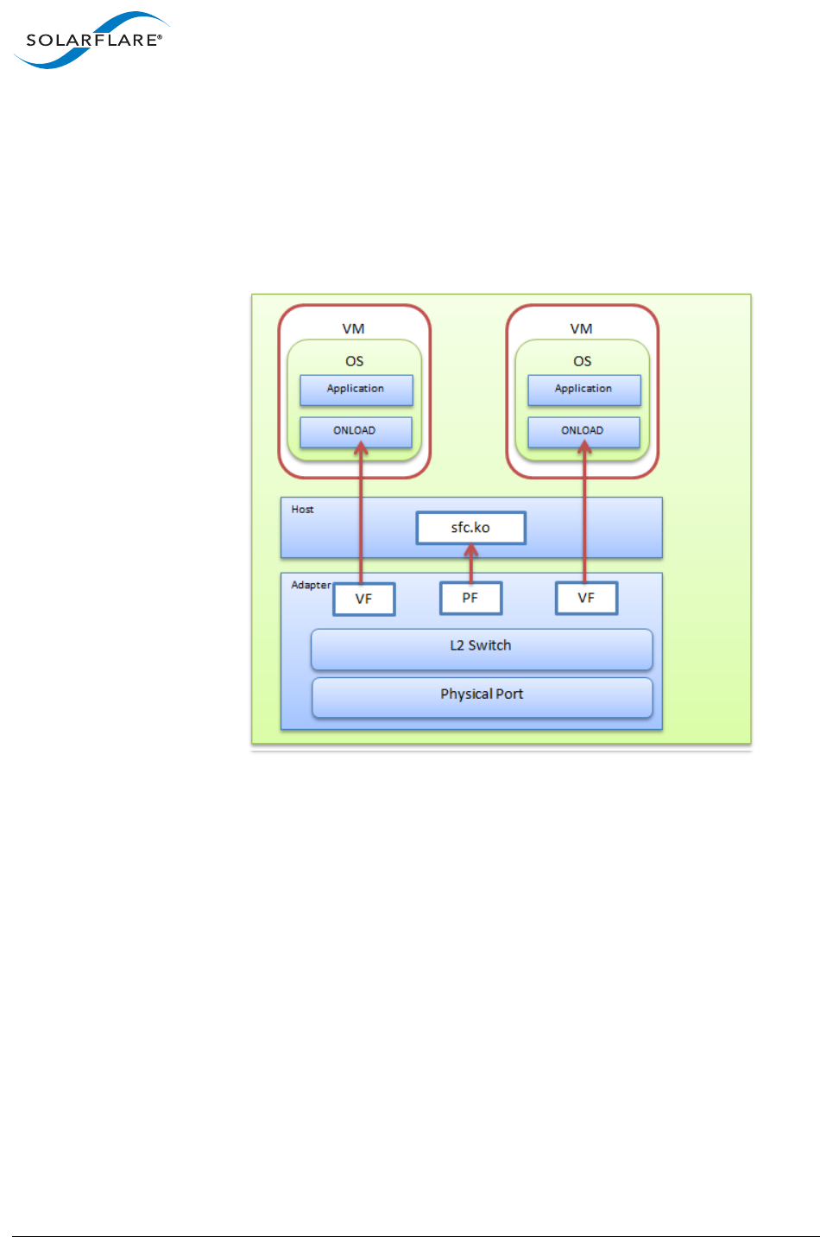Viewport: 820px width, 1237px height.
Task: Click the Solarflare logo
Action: pos(91,40)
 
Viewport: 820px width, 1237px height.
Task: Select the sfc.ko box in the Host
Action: pos(470,528)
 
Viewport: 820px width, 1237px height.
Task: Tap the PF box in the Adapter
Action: pos(470,598)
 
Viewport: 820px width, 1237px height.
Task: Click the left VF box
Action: pos(363,599)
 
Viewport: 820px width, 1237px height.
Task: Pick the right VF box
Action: pos(586,598)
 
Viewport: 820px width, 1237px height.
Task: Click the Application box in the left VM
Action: pos(356,390)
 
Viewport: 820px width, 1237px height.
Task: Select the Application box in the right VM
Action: pos(583,390)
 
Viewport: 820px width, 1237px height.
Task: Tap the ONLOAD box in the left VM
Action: pos(355,431)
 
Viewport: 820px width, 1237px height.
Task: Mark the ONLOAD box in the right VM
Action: pos(583,431)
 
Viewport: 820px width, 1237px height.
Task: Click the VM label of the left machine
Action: pos(353,328)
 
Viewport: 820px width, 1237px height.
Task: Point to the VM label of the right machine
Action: pos(581,328)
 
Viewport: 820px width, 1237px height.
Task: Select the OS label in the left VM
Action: pos(354,361)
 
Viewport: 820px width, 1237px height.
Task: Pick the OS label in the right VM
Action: pos(583,361)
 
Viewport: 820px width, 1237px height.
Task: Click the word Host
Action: pos(302,510)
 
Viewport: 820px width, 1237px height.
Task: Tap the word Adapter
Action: pos(311,585)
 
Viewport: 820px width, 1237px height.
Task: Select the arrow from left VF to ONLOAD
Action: pos(362,518)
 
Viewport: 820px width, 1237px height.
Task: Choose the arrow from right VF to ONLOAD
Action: pos(584,518)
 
